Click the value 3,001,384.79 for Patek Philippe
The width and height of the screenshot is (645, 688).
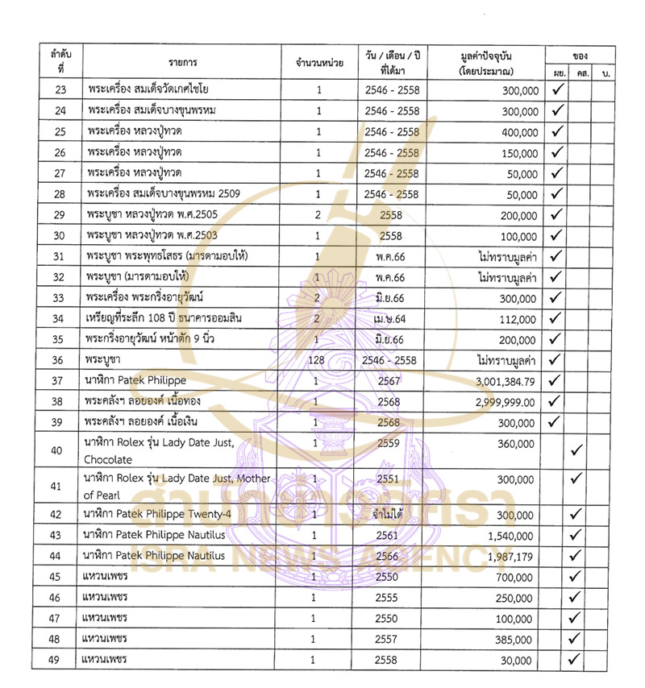click(x=506, y=380)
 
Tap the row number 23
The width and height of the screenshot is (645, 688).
click(x=60, y=90)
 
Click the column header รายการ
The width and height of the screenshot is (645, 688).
click(x=184, y=62)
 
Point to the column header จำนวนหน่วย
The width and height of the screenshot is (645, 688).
click(x=318, y=62)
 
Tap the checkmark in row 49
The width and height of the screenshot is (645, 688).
click(x=576, y=660)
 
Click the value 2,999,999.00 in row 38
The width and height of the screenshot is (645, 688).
click(x=506, y=401)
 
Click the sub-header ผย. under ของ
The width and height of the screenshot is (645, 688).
click(x=558, y=75)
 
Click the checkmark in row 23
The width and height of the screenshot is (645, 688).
click(x=558, y=89)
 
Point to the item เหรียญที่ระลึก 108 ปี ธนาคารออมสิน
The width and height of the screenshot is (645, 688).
click(x=165, y=318)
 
